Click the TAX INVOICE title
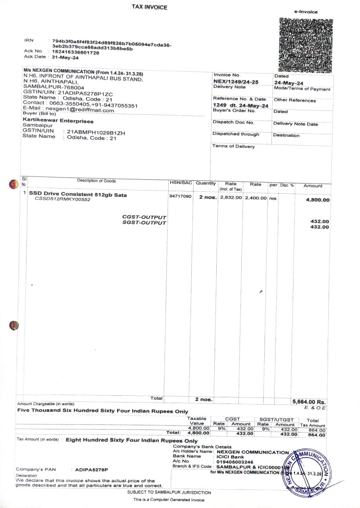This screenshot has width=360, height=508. pyautogui.click(x=149, y=7)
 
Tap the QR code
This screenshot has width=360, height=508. pyautogui.click(x=306, y=45)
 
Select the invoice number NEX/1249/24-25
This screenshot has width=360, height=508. pyautogui.click(x=236, y=82)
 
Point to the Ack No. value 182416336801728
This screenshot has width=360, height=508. pyautogui.click(x=76, y=53)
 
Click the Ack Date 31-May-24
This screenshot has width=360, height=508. pyautogui.click(x=65, y=58)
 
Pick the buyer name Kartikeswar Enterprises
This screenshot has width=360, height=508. pyautogui.click(x=58, y=121)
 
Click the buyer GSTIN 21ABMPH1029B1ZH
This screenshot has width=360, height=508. pyautogui.click(x=96, y=133)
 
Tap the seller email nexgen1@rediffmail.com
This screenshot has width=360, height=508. pyautogui.click(x=80, y=110)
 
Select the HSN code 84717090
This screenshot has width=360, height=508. pyautogui.click(x=180, y=196)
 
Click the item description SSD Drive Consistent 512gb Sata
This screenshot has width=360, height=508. pyautogui.click(x=78, y=194)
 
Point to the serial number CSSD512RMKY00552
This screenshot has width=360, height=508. pyautogui.click(x=63, y=199)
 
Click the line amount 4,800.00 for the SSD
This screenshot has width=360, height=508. pyautogui.click(x=317, y=200)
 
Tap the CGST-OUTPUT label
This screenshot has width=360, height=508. pyautogui.click(x=144, y=217)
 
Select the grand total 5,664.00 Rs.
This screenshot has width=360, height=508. pyautogui.click(x=309, y=402)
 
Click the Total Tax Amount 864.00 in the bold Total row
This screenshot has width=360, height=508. pyautogui.click(x=317, y=435)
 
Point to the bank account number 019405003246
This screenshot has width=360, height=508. pyautogui.click(x=235, y=462)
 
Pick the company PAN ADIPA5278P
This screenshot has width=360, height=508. pyautogui.click(x=92, y=470)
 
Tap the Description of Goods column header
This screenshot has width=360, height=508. pyautogui.click(x=96, y=181)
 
